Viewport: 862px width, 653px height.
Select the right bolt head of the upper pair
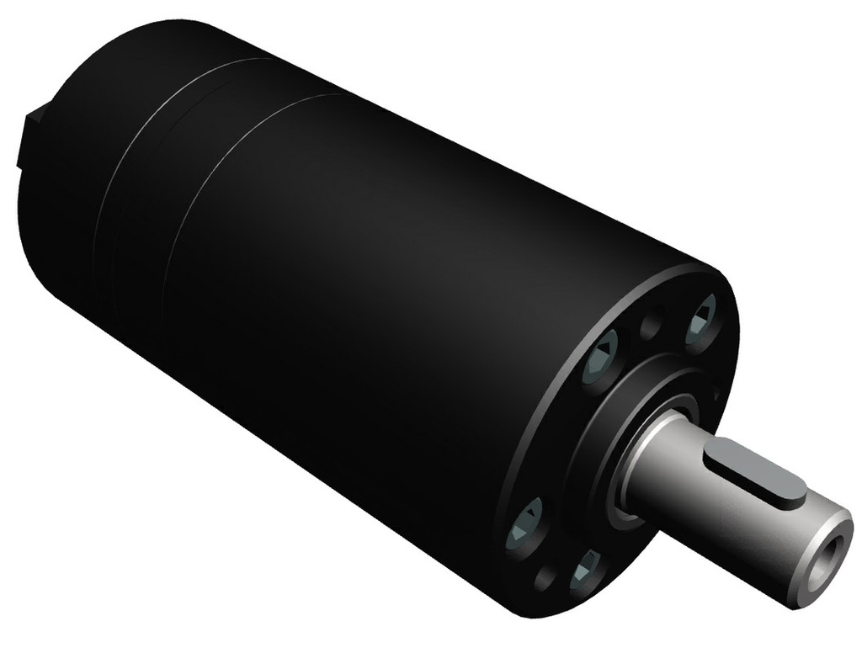tap(700, 323)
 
